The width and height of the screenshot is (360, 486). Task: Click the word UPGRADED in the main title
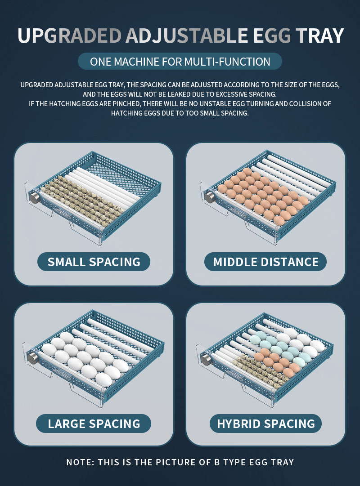tap(69, 36)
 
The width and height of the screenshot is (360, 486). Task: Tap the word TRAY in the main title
tap(319, 36)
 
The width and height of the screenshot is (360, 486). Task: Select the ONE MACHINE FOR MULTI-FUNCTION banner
tap(180, 62)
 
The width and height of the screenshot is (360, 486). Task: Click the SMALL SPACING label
tap(94, 262)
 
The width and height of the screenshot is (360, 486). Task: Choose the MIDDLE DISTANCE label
tap(265, 262)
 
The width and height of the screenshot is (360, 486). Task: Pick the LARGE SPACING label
tap(94, 424)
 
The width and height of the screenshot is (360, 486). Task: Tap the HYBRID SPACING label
tap(265, 424)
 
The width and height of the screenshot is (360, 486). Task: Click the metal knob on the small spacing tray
tap(34, 197)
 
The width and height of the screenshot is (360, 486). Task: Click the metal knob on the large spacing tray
tap(32, 358)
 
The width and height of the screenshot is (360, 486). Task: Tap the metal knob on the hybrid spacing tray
tap(206, 359)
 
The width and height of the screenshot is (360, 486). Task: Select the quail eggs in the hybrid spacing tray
tap(260, 372)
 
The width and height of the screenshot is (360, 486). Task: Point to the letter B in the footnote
tap(217, 463)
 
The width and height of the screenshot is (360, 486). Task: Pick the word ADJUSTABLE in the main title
tap(187, 36)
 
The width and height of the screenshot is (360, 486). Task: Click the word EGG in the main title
tap(272, 36)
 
